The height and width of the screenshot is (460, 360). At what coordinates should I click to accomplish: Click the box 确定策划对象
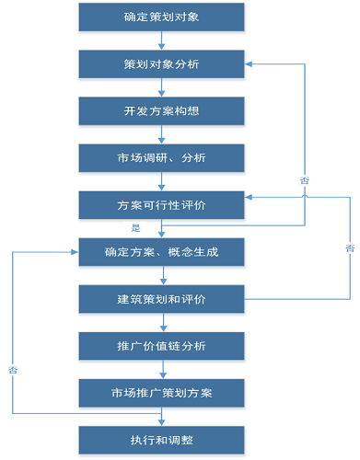coord(162,17)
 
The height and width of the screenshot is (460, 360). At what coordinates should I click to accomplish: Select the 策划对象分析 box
coord(162,64)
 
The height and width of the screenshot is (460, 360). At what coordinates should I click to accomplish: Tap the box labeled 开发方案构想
coord(162,111)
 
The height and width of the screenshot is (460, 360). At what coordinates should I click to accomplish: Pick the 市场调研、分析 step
coord(162,158)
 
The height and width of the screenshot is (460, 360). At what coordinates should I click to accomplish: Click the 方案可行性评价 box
coord(162,205)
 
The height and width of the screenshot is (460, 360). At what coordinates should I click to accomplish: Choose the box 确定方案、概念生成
coord(162,252)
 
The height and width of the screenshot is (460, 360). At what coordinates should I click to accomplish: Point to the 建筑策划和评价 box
coord(162,299)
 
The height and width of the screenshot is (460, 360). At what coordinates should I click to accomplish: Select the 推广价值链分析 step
coord(162,346)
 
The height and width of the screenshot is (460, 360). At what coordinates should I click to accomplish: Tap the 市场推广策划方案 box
coord(162,393)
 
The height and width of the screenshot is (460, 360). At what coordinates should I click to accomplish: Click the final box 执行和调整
coord(162,439)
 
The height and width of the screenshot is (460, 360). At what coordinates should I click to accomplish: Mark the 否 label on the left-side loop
coord(13,369)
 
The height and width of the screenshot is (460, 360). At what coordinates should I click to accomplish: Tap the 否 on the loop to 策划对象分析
coord(304,181)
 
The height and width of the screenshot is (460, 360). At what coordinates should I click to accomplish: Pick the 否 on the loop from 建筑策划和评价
coord(349,248)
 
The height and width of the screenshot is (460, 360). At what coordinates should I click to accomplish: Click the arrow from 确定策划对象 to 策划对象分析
coord(162,40)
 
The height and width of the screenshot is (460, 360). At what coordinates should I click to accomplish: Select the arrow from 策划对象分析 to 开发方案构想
coord(162,87)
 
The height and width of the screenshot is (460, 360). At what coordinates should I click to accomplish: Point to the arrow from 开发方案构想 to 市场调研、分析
coord(162,134)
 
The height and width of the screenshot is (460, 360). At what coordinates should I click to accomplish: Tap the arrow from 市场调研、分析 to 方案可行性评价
coord(162,181)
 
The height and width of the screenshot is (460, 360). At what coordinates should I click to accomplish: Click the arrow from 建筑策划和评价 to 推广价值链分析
coord(162,322)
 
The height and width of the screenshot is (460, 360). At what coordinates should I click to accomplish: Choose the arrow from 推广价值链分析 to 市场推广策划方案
coord(162,369)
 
